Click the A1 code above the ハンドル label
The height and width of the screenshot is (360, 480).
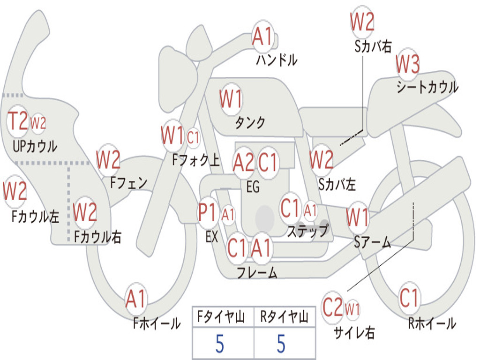[x=262, y=37]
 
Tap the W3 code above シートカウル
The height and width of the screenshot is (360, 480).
[x=407, y=64]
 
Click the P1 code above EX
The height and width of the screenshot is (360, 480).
[x=207, y=212]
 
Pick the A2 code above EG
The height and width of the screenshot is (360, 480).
[x=243, y=162]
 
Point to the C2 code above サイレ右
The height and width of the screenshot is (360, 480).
[x=332, y=307]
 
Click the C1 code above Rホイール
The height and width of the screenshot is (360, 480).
[x=409, y=298]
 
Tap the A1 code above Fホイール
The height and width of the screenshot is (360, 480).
[x=135, y=299]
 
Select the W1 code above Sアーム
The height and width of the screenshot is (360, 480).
[x=358, y=217]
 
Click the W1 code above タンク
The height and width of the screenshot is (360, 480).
[x=231, y=99]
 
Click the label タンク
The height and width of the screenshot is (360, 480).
[x=250, y=122]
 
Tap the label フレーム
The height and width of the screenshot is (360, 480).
[x=257, y=272]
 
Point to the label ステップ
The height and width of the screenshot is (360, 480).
[x=307, y=231]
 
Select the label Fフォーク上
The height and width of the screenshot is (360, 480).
[x=196, y=160]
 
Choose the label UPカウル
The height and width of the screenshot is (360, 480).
[x=35, y=146]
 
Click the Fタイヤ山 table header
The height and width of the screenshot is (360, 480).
[x=221, y=316]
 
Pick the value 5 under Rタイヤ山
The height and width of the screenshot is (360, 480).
[x=281, y=344]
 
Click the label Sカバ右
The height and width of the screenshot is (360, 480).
[x=373, y=46]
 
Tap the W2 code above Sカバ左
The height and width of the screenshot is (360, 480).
[x=321, y=159]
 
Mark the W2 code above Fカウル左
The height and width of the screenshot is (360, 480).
[x=15, y=191]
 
